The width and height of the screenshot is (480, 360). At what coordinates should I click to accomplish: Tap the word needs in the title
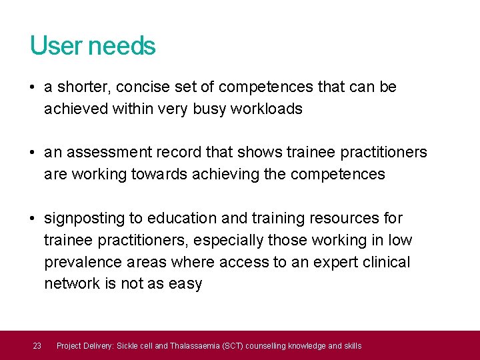pos(121,46)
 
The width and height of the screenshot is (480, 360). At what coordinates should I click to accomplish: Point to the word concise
pos(141,87)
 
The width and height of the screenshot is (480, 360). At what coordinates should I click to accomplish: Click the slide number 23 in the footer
pos(37,345)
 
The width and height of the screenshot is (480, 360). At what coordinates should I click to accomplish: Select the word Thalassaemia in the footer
pos(195,345)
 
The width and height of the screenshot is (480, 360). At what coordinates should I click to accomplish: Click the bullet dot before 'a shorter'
pos(33,87)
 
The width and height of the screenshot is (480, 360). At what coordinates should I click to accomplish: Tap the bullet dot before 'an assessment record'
pos(33,153)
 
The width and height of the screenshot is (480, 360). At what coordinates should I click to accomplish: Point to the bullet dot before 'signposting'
pos(33,219)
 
